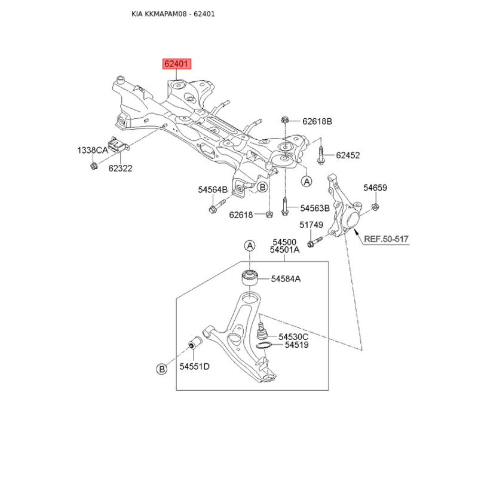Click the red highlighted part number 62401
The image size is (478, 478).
point(177,64)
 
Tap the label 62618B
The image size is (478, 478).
point(317,122)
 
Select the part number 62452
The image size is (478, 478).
point(348,155)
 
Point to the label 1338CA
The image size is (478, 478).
point(93,151)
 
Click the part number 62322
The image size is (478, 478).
point(121,168)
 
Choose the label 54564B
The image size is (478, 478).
point(213,189)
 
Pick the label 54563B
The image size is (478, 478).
point(315,208)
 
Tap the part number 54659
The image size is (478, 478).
point(375,188)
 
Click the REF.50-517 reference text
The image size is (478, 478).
point(386,239)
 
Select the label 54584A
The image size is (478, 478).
point(286,279)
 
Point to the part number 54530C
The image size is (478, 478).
point(293,337)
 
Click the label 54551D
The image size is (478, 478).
point(195,366)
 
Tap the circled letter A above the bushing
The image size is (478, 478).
point(250,246)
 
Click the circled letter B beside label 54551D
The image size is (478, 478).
point(161,369)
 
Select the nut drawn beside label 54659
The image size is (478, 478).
point(376,207)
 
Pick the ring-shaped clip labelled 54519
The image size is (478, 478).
point(264,345)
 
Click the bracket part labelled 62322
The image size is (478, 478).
point(118,145)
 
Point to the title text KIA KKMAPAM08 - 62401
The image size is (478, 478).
point(173,14)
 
